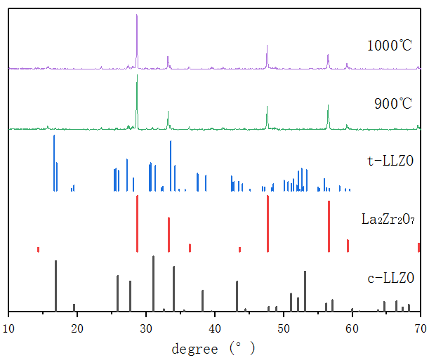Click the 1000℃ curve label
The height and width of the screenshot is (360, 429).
tap(390, 46)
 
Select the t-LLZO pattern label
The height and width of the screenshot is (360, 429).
tap(390, 161)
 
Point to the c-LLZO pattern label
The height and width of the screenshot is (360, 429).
tap(391, 279)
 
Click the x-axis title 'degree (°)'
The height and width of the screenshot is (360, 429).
tap(213, 347)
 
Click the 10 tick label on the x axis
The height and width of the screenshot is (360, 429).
tap(8, 327)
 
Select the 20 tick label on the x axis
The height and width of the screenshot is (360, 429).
tap(77, 327)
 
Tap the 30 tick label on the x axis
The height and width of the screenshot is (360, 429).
tap(146, 327)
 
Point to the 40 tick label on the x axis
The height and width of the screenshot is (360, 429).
tap(215, 327)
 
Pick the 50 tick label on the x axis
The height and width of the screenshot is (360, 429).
tap(284, 327)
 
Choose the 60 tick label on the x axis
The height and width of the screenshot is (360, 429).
tap(352, 327)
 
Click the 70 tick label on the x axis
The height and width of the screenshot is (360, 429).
tap(420, 327)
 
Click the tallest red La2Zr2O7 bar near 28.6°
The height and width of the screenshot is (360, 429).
tap(137, 223)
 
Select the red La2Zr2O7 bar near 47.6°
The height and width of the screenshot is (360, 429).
tap(268, 223)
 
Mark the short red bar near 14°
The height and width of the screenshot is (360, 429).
tap(38, 249)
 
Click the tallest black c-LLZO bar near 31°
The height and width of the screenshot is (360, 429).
tap(153, 283)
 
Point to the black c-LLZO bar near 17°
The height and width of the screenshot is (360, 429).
tap(55, 285)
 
